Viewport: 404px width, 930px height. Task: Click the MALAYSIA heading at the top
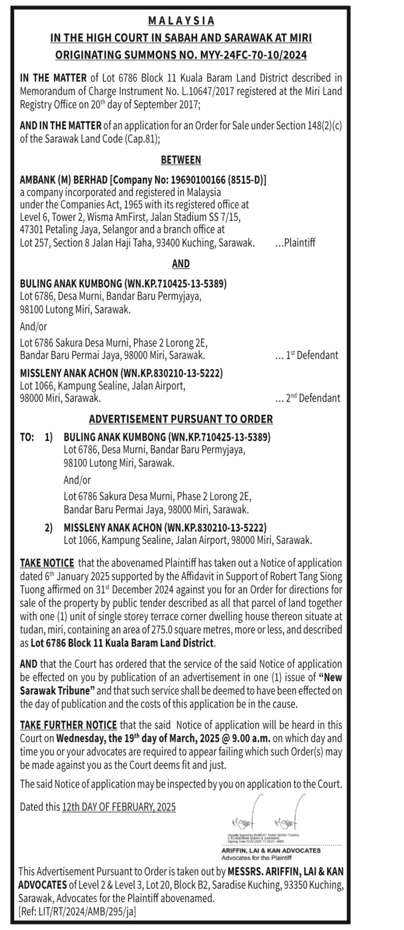(181, 21)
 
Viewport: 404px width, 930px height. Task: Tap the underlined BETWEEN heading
(181, 160)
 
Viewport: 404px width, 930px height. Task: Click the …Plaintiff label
(295, 242)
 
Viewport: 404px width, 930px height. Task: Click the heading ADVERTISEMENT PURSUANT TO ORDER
(181, 419)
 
